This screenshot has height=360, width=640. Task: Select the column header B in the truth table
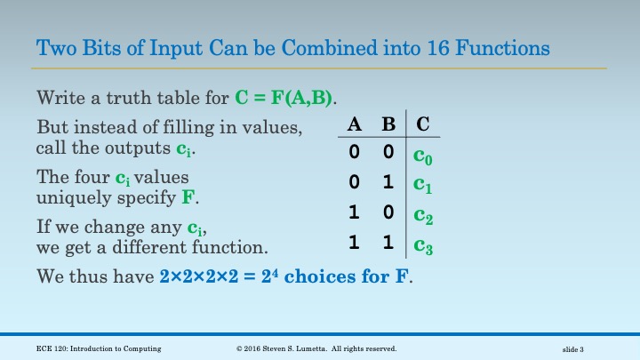[x=388, y=126]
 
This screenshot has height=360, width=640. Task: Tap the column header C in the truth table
[x=423, y=126]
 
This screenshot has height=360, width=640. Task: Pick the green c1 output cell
[x=423, y=185]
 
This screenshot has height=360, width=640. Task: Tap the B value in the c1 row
[x=388, y=184]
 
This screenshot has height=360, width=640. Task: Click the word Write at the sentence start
[x=58, y=97]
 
